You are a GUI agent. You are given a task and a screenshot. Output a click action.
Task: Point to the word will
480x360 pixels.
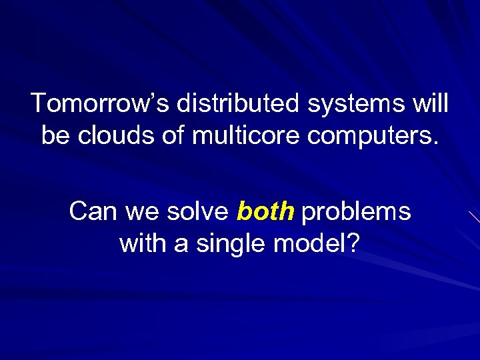431,104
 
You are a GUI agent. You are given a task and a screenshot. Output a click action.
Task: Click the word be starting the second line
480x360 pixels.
55,135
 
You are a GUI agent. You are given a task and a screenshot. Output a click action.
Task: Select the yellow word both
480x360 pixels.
265,212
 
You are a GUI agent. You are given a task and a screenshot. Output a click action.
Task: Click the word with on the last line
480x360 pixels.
141,243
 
